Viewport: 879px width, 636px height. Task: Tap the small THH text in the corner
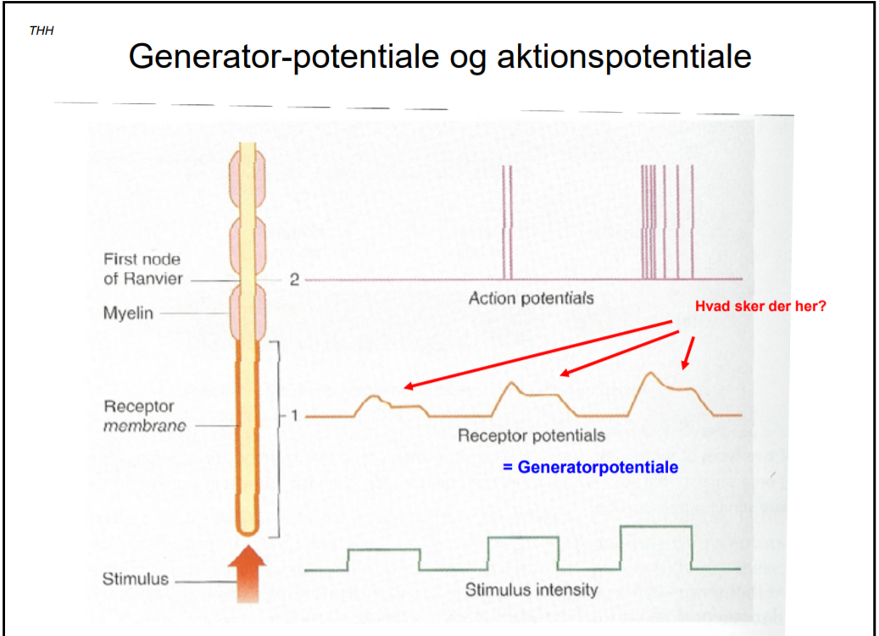pyautogui.click(x=40, y=30)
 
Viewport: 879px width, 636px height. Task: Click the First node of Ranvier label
pyautogui.click(x=142, y=268)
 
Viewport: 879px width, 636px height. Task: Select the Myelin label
pyautogui.click(x=128, y=313)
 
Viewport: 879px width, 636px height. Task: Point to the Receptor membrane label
pyautogui.click(x=144, y=416)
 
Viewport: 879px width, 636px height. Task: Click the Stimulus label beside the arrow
pyautogui.click(x=136, y=580)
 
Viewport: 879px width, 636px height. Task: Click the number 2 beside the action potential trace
pyautogui.click(x=294, y=280)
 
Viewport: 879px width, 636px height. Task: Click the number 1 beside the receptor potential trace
pyautogui.click(x=294, y=416)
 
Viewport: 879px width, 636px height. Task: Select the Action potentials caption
pyautogui.click(x=531, y=298)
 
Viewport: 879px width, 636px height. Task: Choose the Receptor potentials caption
pyautogui.click(x=531, y=435)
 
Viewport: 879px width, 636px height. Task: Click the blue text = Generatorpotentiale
pyautogui.click(x=590, y=467)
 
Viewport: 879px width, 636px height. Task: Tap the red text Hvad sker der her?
pyautogui.click(x=760, y=307)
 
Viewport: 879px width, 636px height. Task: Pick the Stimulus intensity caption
pyautogui.click(x=531, y=589)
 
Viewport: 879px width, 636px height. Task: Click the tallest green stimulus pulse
pyautogui.click(x=656, y=528)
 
